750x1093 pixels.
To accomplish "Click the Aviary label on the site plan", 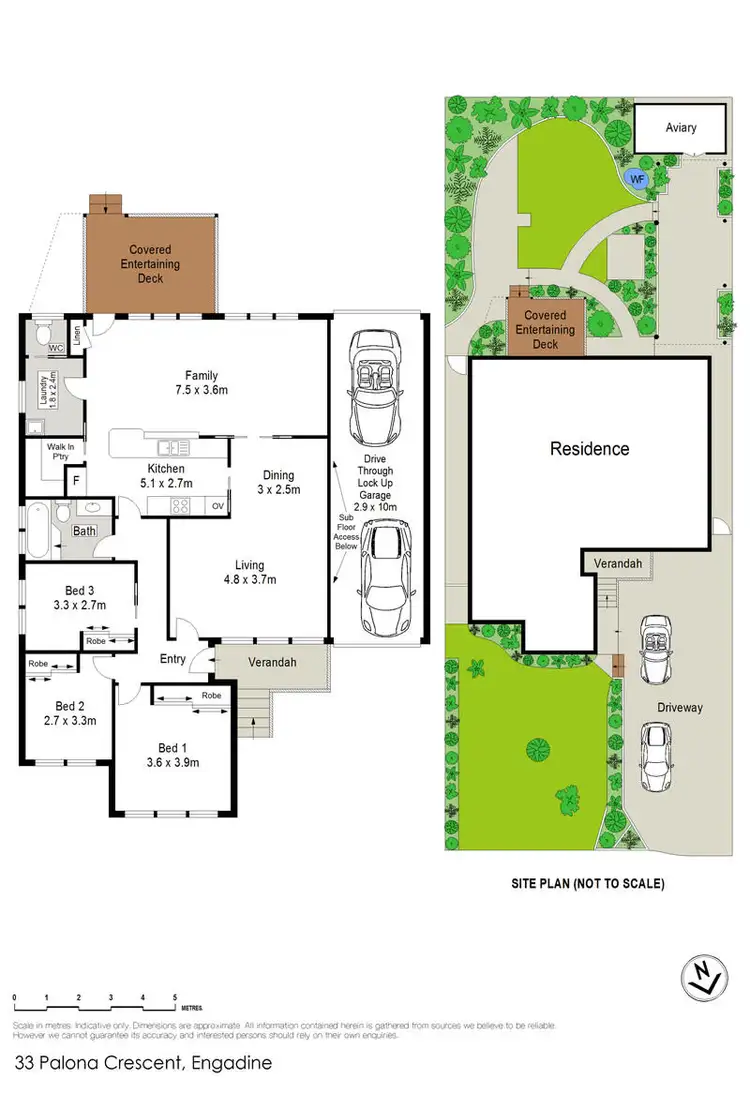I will [680, 128].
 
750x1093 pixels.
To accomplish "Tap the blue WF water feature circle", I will [634, 179].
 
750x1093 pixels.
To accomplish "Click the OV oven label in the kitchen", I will [217, 506].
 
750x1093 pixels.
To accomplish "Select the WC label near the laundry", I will [55, 348].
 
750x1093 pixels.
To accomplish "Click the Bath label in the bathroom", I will [83, 531].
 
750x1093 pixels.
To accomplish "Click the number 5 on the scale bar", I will [175, 998].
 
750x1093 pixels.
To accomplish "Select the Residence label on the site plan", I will [590, 449].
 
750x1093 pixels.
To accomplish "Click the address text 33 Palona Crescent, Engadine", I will [142, 1063].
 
